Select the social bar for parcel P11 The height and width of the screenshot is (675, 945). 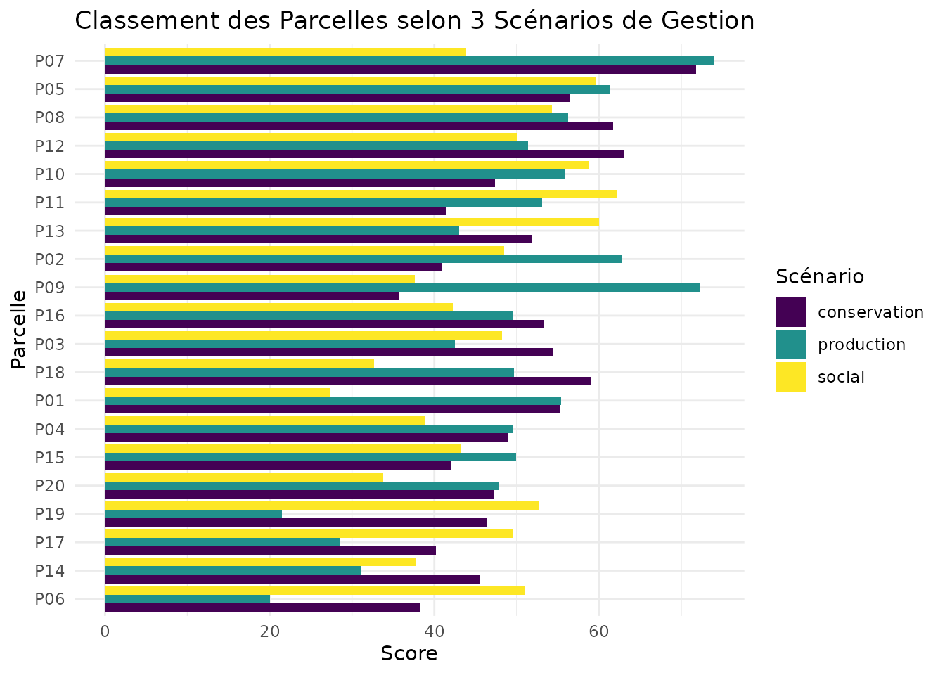click(x=361, y=194)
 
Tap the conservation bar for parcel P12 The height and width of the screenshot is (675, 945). click(x=364, y=154)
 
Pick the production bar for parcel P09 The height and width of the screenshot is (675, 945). click(x=402, y=287)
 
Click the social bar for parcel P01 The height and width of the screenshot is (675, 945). click(x=217, y=392)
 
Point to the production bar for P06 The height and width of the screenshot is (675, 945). click(x=187, y=599)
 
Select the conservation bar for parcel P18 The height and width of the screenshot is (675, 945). click(x=347, y=381)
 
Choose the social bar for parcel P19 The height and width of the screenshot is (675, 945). click(x=321, y=505)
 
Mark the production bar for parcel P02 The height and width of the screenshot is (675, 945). click(x=364, y=259)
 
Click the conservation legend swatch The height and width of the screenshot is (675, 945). click(x=791, y=312)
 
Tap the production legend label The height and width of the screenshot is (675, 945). click(x=861, y=345)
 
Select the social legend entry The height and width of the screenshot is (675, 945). click(x=841, y=377)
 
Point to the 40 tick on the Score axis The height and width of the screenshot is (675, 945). click(x=434, y=631)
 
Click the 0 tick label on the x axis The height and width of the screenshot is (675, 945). click(x=105, y=631)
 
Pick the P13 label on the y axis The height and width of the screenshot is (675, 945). click(x=50, y=231)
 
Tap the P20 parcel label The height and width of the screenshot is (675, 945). click(x=50, y=486)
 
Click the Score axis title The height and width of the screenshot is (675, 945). click(x=409, y=654)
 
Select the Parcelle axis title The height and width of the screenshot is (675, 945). click(x=19, y=328)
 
